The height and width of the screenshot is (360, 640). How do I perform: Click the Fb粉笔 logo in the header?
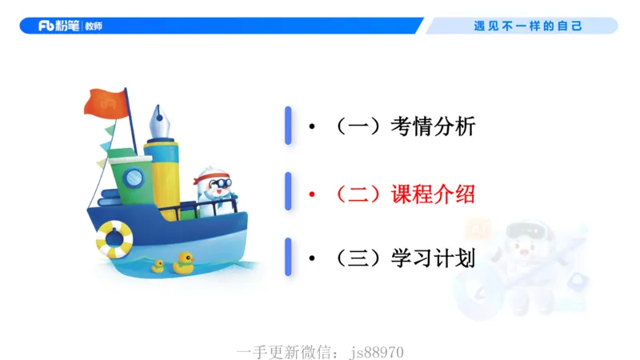click(x=59, y=26)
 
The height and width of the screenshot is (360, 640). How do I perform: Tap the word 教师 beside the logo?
click(x=92, y=26)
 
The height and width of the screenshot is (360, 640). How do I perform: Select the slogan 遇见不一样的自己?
click(x=528, y=26)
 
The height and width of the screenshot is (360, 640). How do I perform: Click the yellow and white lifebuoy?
click(x=114, y=238)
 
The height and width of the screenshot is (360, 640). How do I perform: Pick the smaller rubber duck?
click(x=158, y=266)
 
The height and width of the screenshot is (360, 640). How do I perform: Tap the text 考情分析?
click(x=433, y=126)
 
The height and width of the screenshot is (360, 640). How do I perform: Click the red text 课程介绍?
click(x=433, y=194)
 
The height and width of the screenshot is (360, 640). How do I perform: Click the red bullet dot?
click(x=313, y=194)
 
